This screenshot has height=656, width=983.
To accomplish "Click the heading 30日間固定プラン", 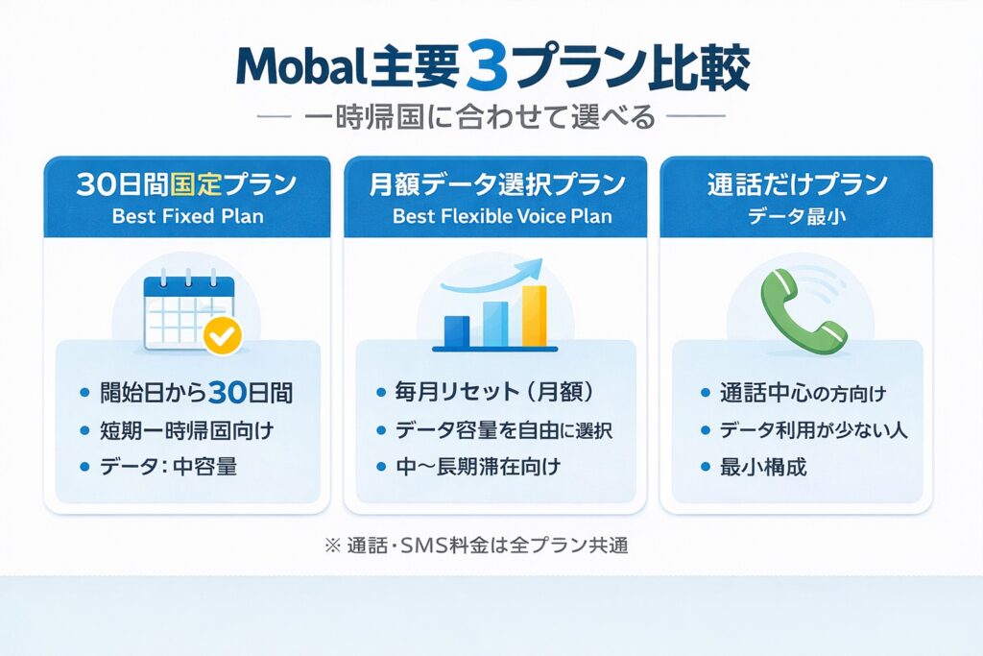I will pyautogui.click(x=187, y=185).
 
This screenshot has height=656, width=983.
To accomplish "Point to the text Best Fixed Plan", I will pyautogui.click(x=187, y=216).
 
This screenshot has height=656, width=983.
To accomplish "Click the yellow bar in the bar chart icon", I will pyautogui.click(x=535, y=316).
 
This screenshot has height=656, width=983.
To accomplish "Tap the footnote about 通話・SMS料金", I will pyautogui.click(x=477, y=545).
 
